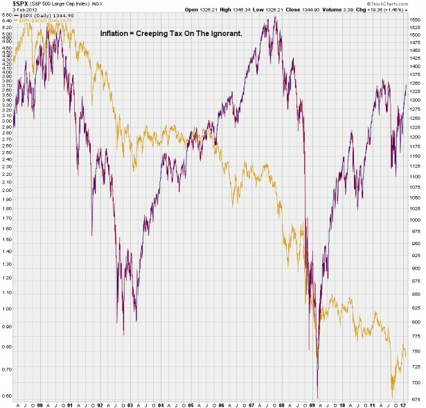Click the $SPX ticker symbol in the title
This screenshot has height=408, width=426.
pyautogui.click(x=10, y=4)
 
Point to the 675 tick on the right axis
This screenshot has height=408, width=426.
pyautogui.click(x=415, y=398)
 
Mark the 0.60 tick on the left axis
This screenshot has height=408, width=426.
pyautogui.click(x=7, y=396)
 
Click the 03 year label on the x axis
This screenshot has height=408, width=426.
pyautogui.click(x=130, y=404)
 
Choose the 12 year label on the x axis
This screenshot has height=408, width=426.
pyautogui.click(x=402, y=404)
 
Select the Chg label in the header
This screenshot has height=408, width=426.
pyautogui.click(x=374, y=9)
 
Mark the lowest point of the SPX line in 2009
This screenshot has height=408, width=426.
pyautogui.click(x=317, y=398)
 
